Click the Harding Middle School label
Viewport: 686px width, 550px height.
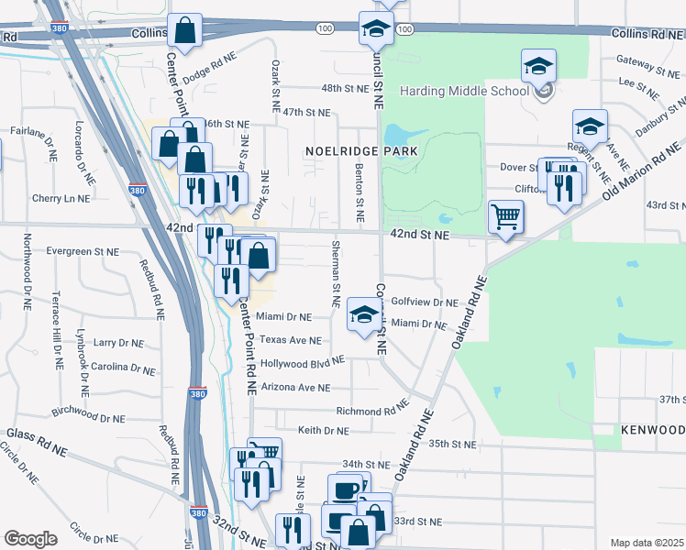464,91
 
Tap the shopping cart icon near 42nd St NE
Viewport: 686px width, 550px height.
505,218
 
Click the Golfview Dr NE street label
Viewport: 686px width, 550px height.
424,302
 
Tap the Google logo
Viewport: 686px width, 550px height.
30,539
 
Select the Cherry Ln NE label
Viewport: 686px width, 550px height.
61,198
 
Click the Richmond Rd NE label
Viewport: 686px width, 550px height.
371,411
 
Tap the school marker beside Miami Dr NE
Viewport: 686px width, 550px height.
364,317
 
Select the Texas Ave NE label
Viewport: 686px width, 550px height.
290,340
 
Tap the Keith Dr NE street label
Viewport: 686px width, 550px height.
323,430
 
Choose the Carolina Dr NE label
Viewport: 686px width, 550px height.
124,368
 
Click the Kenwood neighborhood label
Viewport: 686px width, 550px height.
651,430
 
